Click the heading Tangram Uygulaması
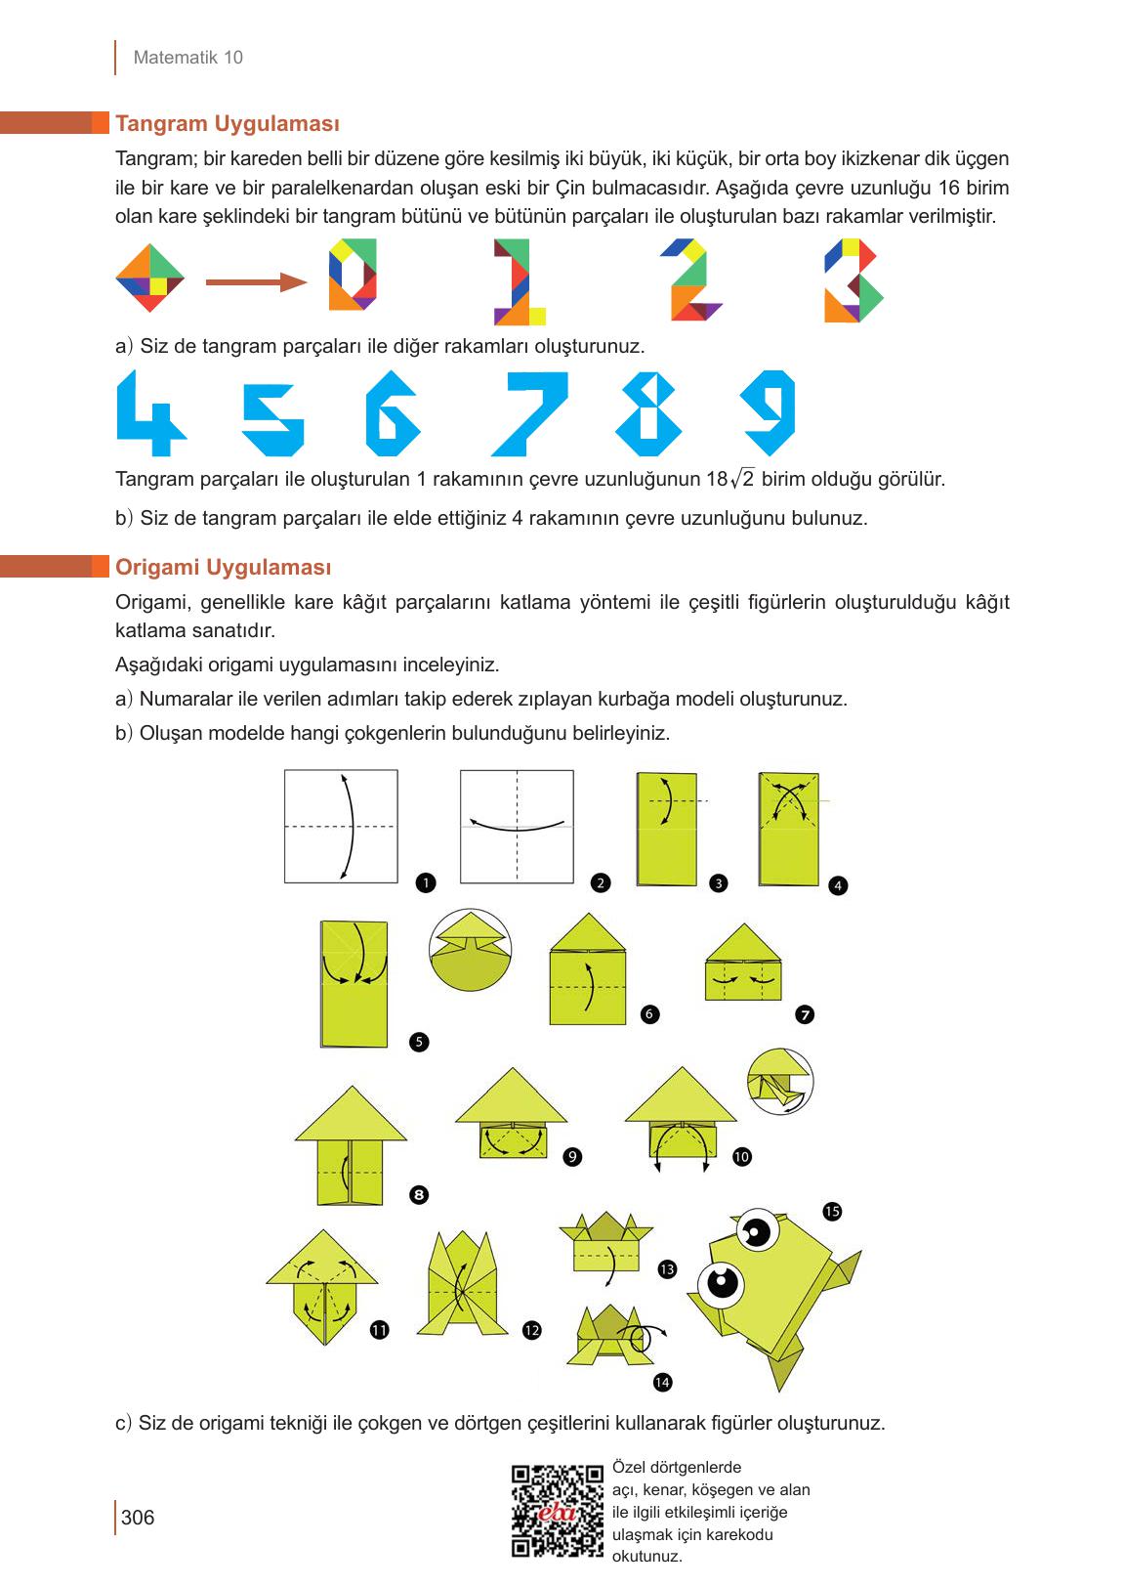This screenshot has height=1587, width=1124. coord(228,124)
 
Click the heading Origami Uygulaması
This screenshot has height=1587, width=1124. coord(224,568)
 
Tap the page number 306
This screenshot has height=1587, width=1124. coord(138,1518)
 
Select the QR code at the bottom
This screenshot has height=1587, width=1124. coord(558,1510)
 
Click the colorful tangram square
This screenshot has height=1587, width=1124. coord(149,278)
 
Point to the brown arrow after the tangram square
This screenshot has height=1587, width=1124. coord(256,282)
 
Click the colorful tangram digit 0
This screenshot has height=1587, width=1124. coord(353,275)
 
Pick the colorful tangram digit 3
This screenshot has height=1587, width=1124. coord(853,280)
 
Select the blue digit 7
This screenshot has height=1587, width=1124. coord(528,413)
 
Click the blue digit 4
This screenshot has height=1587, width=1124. coord(149,413)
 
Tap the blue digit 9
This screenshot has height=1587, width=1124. coord(770,410)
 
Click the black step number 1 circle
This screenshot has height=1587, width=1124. coord(425,882)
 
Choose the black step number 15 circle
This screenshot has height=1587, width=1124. coord(832,1212)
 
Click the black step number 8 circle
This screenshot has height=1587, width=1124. coord(419,1194)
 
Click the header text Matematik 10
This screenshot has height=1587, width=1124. coord(187,58)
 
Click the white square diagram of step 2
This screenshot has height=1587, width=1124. coord(517,827)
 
